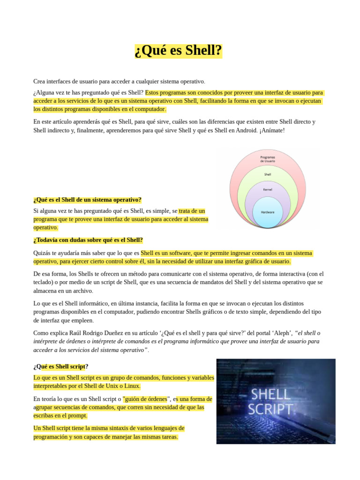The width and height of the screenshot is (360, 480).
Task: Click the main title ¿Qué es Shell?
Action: tap(178, 50)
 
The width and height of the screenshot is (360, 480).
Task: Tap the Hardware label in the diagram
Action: tap(267, 212)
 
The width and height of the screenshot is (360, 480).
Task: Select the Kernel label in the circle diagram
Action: tap(267, 189)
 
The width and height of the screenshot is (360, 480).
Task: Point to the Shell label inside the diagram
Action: tap(267, 174)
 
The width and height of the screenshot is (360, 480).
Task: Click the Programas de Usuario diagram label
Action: tap(267, 159)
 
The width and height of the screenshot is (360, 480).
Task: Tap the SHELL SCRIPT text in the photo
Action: tap(271, 401)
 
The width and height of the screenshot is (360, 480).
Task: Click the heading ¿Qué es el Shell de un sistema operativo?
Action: tap(88, 200)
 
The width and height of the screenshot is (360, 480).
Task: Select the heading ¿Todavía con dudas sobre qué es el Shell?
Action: tap(88, 240)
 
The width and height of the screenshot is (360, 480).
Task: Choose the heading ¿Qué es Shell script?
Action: tap(60, 366)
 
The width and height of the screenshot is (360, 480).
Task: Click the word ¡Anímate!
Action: tap(272, 130)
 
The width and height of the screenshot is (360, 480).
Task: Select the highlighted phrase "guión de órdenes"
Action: tap(145, 399)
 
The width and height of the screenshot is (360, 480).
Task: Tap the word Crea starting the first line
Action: tap(39, 82)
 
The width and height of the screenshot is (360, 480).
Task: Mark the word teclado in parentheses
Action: tap(44, 282)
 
